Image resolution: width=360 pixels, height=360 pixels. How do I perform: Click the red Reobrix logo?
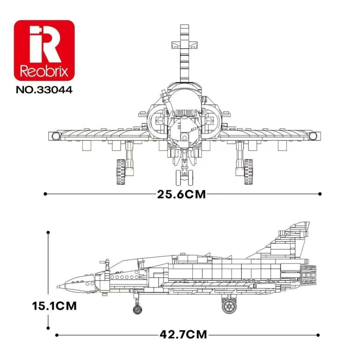click(44, 50)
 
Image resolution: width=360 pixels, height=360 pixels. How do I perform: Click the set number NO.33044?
click(44, 90)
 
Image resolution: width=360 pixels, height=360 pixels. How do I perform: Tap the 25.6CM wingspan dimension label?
click(181, 194)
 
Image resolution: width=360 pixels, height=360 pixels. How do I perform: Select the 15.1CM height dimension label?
click(54, 306)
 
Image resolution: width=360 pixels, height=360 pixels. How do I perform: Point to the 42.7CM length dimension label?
click(183, 334)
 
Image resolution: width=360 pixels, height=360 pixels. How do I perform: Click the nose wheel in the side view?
click(137, 309)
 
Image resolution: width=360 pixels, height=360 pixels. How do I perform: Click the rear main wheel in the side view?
click(229, 306)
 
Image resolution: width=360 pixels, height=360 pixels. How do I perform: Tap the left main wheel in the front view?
click(120, 172)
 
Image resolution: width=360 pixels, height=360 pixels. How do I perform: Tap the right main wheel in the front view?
click(248, 172)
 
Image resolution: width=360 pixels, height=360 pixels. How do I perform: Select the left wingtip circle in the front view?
click(56, 136)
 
